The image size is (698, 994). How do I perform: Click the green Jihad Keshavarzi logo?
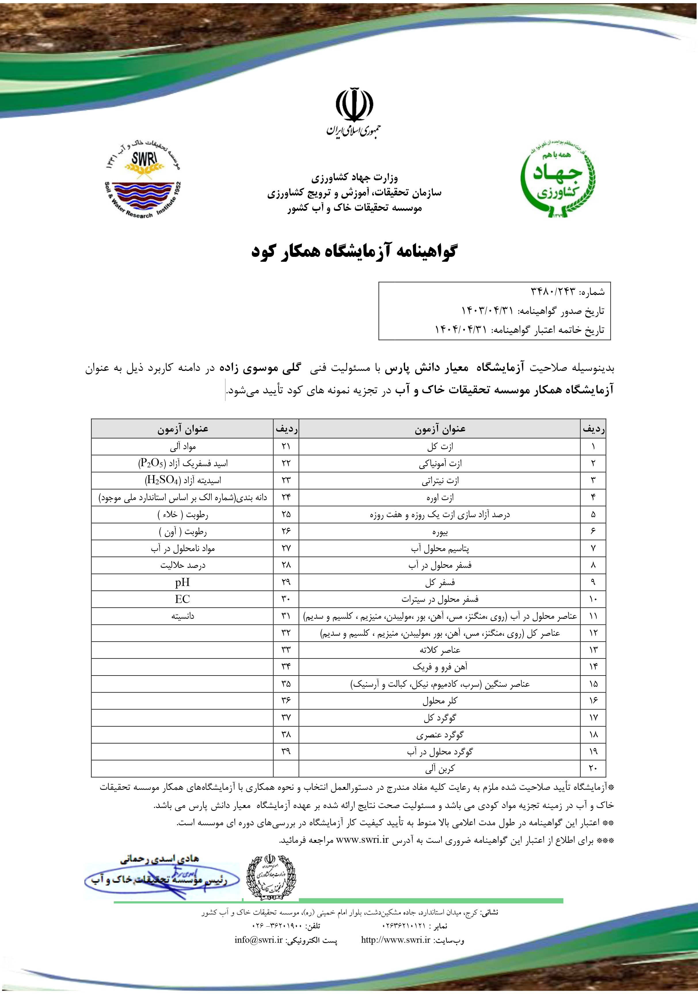557,180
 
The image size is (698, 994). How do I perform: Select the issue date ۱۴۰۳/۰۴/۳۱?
487,310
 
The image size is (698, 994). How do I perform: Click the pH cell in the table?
182,582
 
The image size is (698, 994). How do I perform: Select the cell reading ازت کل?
440,446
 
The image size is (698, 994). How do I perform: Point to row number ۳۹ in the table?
286,751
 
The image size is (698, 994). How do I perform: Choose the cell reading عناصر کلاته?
440,650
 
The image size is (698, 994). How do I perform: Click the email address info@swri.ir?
258,940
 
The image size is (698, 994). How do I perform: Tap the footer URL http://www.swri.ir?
395,940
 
